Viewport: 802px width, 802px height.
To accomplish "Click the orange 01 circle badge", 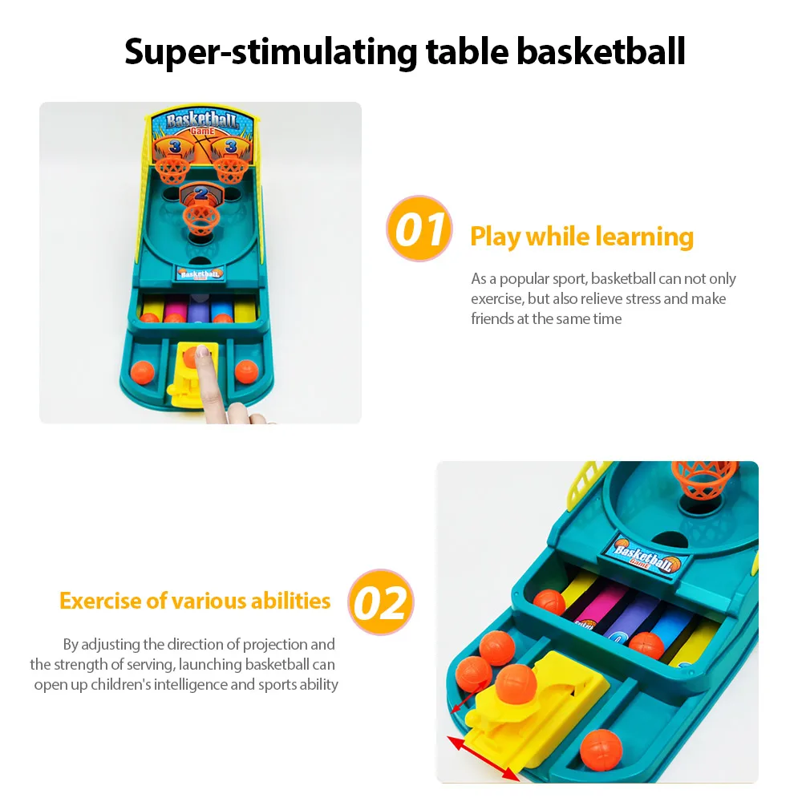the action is pos(419,228).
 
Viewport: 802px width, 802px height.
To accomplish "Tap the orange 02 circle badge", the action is pos(381,602).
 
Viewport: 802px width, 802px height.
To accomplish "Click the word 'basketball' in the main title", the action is pos(601,51).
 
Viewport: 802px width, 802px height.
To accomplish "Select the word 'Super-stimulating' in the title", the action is pos(271,52).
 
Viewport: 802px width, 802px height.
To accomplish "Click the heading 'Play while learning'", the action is pos(581,237).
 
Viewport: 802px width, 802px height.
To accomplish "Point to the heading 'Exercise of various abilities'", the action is pos(195,601).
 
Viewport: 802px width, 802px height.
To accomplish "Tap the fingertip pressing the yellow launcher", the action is pos(203,352).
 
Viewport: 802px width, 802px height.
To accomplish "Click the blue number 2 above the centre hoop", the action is pos(201,192).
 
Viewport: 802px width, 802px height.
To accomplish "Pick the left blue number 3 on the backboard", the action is pos(175,147).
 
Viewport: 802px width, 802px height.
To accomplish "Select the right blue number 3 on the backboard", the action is pos(231,146).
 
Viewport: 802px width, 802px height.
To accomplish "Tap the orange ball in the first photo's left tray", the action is pos(142,372).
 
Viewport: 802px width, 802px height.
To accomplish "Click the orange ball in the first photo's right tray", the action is pos(246,371).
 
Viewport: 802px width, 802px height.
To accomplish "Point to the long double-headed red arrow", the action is pos(484,759).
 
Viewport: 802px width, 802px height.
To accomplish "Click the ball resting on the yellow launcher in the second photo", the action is pos(516,684).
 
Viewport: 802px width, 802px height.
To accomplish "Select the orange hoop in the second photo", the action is pos(704,480).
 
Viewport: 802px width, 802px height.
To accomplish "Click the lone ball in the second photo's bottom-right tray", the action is pos(601,750).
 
